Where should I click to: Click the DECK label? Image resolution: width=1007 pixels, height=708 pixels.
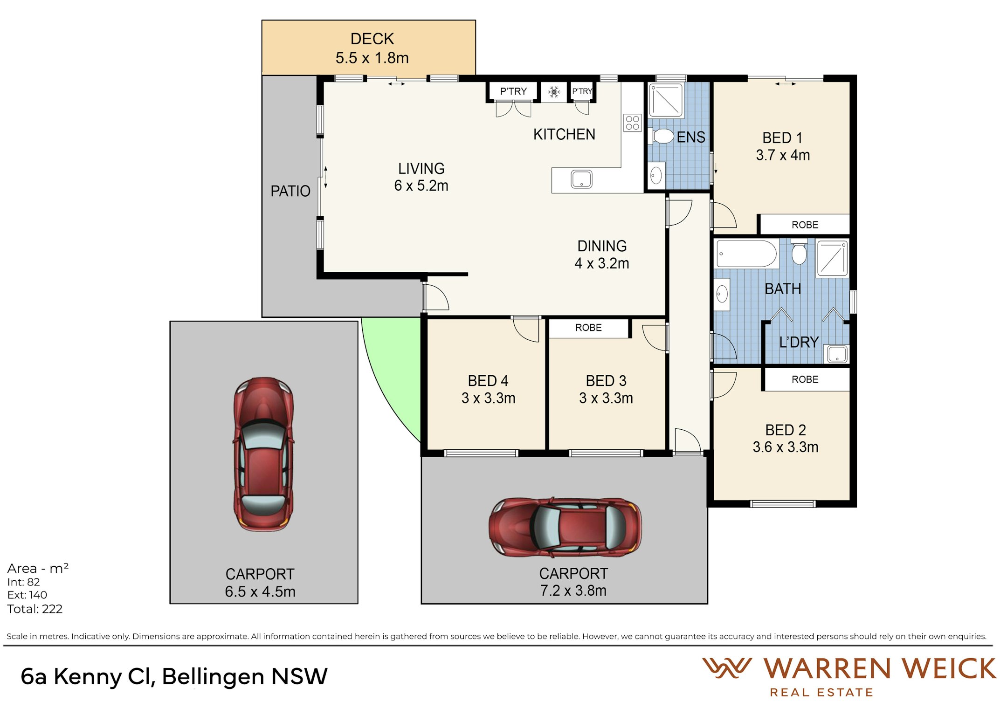point(372,39)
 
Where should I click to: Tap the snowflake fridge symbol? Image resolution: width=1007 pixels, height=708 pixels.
point(554,92)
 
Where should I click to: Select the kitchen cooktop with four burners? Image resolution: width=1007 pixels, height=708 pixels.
point(633,123)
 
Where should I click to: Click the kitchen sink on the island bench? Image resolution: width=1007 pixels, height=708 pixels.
point(581,179)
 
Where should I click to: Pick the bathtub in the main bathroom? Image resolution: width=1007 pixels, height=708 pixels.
point(746,254)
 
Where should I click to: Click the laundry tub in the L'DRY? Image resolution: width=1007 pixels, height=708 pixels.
point(837,354)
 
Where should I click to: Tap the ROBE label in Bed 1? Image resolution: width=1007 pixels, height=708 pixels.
point(805,225)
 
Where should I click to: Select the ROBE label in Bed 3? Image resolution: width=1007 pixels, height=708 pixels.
point(588,328)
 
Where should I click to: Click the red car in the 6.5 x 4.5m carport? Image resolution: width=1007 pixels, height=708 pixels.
point(264,454)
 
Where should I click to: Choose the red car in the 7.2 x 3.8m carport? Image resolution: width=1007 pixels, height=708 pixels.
point(565,527)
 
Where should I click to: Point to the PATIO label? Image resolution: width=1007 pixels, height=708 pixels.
point(290,191)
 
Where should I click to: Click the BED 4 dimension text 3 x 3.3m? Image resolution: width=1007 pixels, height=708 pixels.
point(488,398)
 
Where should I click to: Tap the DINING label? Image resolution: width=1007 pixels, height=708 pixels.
point(602,246)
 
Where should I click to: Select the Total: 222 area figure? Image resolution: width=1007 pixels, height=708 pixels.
point(35,609)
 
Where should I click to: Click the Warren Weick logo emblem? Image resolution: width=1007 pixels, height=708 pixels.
point(727,668)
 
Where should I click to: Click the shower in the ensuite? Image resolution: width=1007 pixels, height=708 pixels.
point(666,100)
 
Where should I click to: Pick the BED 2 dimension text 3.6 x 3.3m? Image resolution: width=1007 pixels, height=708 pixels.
point(786,447)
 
